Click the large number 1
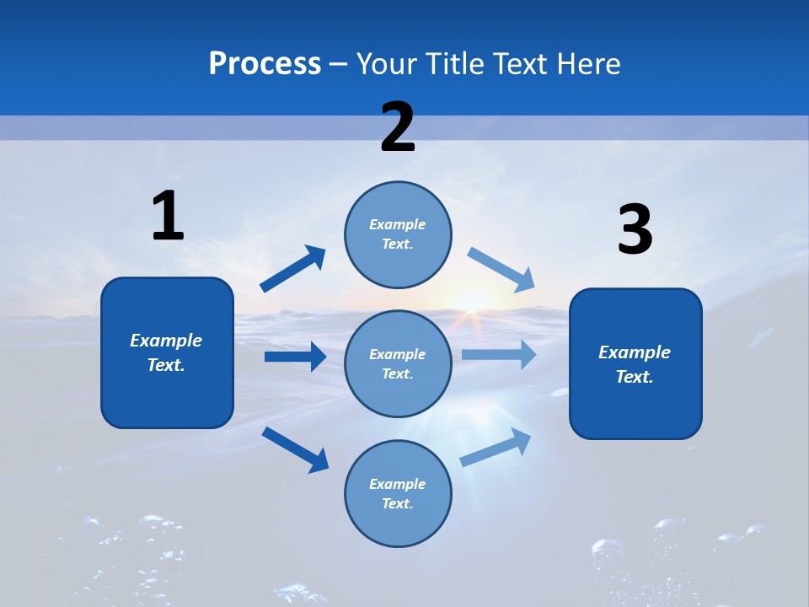(168, 216)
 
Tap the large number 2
(398, 127)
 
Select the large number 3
(635, 229)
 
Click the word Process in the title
(265, 63)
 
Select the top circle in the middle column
(398, 234)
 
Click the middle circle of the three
(398, 363)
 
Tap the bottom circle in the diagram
(398, 493)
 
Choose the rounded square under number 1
(167, 352)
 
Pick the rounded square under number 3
(635, 363)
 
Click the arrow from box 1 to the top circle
(293, 269)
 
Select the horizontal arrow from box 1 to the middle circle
(295, 357)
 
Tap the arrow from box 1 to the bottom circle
(295, 449)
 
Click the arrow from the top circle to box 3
(501, 269)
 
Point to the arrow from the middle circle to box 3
(499, 354)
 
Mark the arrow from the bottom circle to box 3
(496, 448)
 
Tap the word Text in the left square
(166, 365)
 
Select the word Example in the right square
(635, 352)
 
